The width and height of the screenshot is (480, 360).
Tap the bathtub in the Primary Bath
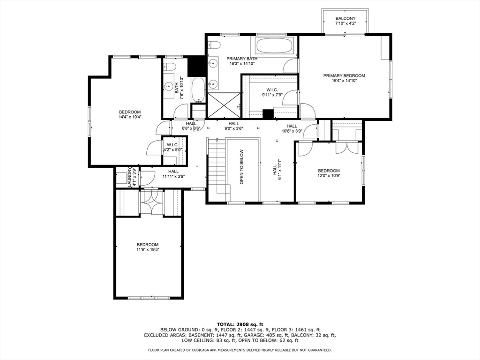tap(274, 45)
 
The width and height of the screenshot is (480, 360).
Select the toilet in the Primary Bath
tap(214, 45)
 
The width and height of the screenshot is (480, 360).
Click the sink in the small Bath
tap(168, 86)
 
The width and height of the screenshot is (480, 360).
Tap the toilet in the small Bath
tap(169, 67)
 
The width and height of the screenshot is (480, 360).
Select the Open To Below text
tap(241, 167)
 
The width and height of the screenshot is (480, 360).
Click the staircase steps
tap(217, 166)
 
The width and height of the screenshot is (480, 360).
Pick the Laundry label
tap(130, 177)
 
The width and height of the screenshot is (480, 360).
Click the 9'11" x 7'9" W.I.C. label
tap(272, 92)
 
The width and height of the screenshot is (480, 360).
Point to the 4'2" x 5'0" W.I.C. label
tap(173, 147)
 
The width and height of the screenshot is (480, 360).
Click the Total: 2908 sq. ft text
tap(240, 324)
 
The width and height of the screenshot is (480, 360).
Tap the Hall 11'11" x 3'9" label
tap(173, 173)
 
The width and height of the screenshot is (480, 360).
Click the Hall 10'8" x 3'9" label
tap(292, 128)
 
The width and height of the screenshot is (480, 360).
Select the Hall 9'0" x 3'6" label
tap(233, 126)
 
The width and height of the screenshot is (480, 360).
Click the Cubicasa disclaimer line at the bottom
tap(240, 350)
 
